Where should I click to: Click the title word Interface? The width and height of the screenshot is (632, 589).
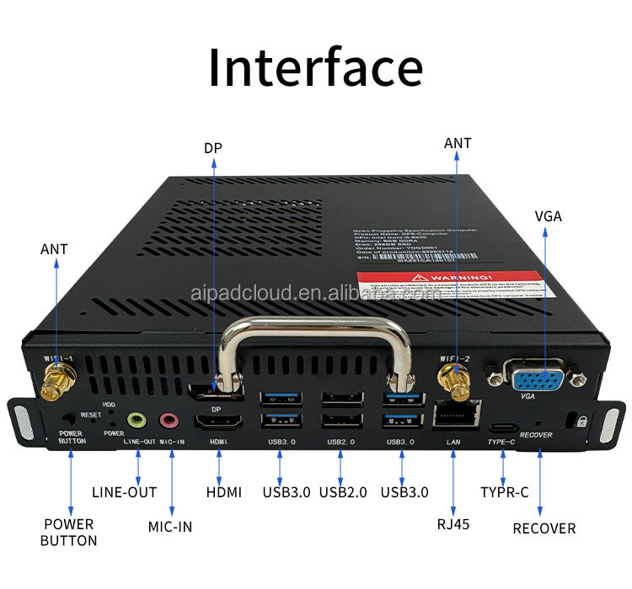coord(315,67)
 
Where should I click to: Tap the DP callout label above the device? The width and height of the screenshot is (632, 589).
coord(213,148)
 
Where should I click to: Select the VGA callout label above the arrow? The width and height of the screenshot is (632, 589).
coord(548,216)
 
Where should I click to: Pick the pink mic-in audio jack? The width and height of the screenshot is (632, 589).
coord(171,419)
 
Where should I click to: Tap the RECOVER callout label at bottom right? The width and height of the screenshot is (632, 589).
coord(544,528)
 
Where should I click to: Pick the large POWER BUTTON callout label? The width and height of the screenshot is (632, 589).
coord(69,532)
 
